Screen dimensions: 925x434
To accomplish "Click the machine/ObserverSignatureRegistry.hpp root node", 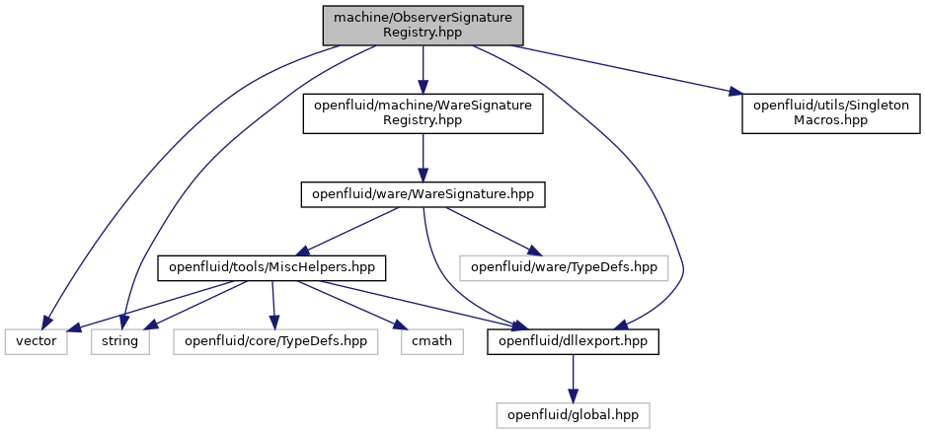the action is [x=423, y=26].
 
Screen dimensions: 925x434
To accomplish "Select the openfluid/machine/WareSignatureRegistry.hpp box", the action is [x=423, y=113].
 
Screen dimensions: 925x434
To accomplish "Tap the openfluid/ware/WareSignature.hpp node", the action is [x=423, y=194].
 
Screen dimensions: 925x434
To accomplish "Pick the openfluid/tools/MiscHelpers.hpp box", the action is [x=271, y=268].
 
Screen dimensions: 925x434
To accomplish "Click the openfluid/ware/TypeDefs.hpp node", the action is [x=565, y=268].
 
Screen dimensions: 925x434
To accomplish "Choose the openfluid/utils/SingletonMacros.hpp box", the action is [x=830, y=113].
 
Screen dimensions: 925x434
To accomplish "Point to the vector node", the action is [x=36, y=342].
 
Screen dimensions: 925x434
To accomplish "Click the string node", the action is [x=120, y=342].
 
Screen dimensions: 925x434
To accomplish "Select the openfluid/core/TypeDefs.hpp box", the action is [x=275, y=342].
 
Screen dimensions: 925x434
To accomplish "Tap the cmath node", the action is [x=431, y=342].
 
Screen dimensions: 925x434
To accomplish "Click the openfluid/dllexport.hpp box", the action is [x=573, y=342].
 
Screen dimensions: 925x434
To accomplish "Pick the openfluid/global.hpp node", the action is [x=573, y=415].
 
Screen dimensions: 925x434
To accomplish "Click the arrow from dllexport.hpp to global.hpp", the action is [x=573, y=379].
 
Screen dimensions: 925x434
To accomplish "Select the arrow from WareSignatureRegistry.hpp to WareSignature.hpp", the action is [x=423, y=158].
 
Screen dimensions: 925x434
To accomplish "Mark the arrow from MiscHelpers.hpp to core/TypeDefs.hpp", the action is [x=272, y=305].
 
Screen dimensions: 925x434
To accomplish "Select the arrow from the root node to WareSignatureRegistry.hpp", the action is [x=423, y=69].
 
